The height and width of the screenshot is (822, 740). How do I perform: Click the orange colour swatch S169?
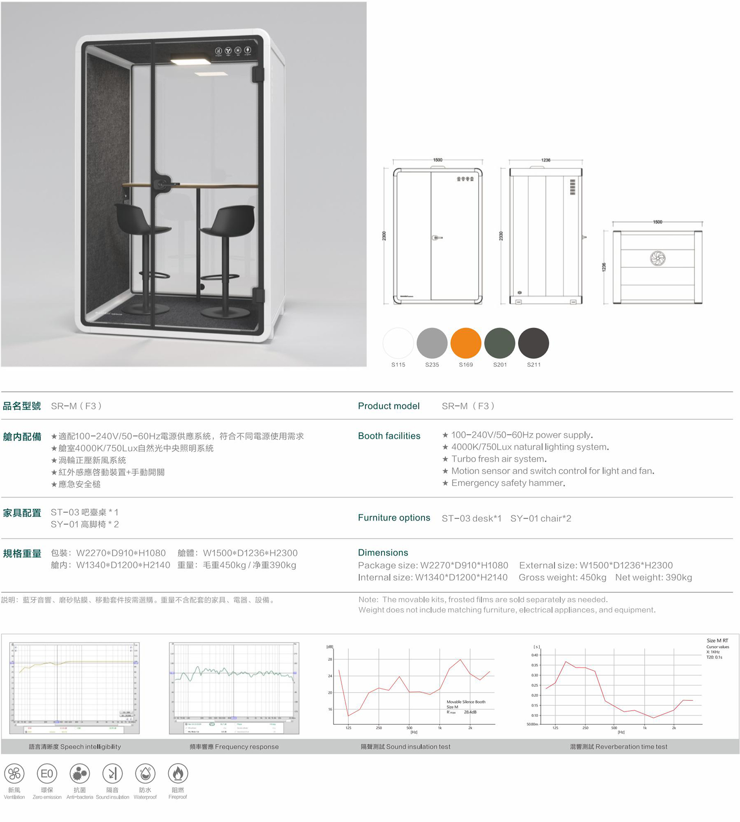click(x=466, y=343)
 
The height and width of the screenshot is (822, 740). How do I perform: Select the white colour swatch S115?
click(x=398, y=343)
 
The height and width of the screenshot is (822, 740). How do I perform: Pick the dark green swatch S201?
click(x=499, y=343)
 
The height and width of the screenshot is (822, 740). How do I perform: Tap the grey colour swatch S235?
click(x=432, y=343)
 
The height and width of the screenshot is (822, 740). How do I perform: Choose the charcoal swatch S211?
click(x=533, y=343)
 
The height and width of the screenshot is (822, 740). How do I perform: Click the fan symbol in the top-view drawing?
click(x=657, y=258)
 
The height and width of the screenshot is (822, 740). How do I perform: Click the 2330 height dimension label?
click(x=501, y=236)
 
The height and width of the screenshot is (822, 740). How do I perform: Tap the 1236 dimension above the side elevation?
click(x=546, y=160)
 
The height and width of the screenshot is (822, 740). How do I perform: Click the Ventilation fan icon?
click(x=14, y=773)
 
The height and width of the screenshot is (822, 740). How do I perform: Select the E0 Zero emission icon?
click(x=47, y=773)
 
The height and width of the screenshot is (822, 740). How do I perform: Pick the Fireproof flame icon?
click(x=178, y=773)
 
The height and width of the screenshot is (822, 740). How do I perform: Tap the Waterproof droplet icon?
click(x=145, y=773)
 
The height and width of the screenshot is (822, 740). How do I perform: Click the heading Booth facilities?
click(x=389, y=436)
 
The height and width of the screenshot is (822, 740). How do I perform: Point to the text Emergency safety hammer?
click(x=508, y=483)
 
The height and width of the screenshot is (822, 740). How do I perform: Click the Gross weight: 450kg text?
click(x=562, y=577)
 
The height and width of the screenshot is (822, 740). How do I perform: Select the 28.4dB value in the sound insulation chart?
click(x=470, y=712)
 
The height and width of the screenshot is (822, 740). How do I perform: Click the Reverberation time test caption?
click(x=618, y=747)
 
